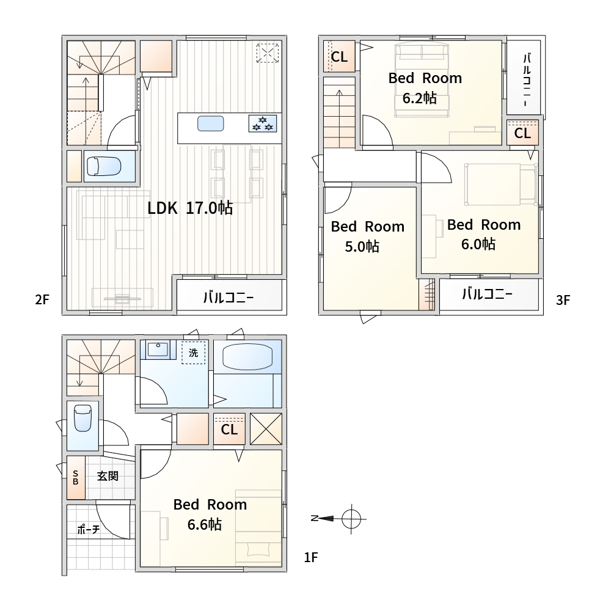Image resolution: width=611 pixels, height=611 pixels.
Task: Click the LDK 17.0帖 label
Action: (190, 208)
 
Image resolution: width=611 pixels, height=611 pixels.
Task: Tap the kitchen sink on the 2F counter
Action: (210, 123)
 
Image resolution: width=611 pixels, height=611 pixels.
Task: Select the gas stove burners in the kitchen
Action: (263, 123)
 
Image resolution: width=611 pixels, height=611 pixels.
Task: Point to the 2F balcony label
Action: (229, 298)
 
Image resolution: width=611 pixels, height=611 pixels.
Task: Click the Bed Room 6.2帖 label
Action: (425, 88)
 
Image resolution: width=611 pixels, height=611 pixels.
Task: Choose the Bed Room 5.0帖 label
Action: (367, 236)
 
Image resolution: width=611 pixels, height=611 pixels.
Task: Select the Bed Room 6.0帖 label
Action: (483, 234)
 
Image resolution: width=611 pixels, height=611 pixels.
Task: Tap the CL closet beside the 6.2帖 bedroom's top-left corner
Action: (339, 57)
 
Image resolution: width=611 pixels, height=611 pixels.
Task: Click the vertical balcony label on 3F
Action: (527, 80)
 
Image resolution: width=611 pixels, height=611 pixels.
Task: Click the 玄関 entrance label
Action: (108, 476)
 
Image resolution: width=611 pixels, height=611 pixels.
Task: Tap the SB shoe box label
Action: (76, 478)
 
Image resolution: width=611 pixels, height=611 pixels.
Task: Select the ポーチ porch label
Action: (89, 530)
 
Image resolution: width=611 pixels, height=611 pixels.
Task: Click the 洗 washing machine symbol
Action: (193, 353)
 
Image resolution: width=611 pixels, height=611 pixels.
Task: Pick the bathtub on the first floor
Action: (247, 357)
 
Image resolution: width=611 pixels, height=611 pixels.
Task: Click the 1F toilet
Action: (82, 418)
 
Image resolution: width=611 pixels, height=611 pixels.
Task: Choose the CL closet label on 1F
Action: (229, 430)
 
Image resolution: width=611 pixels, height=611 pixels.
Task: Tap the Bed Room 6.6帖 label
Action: (210, 514)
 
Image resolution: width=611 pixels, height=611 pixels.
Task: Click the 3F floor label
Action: (563, 300)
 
